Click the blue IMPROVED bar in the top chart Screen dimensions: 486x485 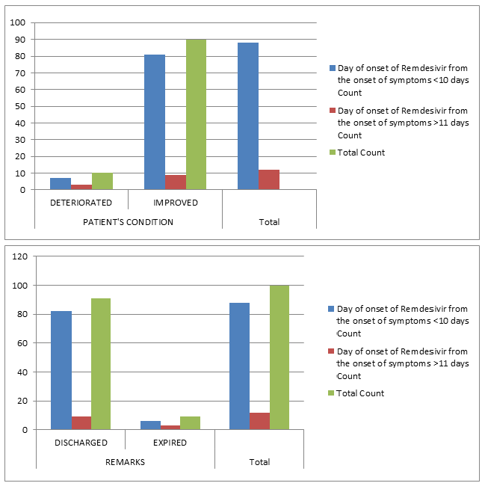click(x=155, y=122)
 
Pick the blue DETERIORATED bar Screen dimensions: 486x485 click(x=61, y=184)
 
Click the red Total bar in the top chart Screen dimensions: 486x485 click(x=269, y=180)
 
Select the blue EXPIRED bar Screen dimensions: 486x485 click(x=150, y=425)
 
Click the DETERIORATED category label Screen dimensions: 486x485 click(x=81, y=203)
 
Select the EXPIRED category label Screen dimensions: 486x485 click(x=170, y=443)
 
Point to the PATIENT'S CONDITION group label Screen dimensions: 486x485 click(x=128, y=222)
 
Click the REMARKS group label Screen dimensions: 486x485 click(x=126, y=462)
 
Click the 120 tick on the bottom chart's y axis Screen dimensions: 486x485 click(x=19, y=256)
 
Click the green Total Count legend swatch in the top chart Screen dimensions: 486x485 click(x=333, y=153)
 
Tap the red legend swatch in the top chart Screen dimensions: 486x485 click(x=333, y=110)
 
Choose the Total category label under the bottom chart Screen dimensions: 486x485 click(x=259, y=462)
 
